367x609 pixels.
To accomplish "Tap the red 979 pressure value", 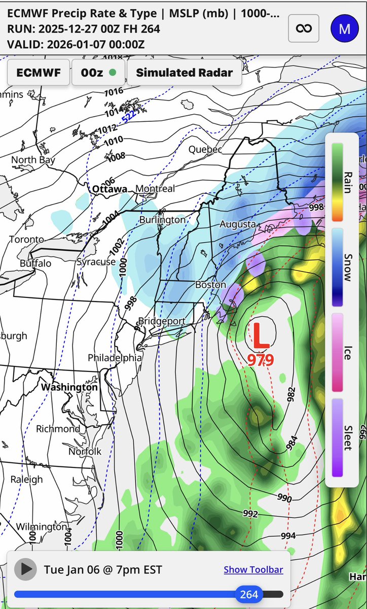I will [x=261, y=360].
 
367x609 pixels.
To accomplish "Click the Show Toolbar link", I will [x=253, y=569].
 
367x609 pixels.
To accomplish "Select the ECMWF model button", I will [x=38, y=73].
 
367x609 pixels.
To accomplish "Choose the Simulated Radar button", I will [x=184, y=73].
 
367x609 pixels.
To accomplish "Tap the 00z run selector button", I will [x=98, y=73].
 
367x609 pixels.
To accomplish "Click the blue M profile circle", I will [x=344, y=28].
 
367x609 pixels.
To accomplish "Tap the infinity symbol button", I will [x=304, y=28].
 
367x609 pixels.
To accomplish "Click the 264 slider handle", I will [x=249, y=594].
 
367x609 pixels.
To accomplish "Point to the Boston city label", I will [x=210, y=285].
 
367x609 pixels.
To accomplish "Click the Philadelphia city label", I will [x=115, y=358].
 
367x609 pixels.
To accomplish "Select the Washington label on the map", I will [x=69, y=387].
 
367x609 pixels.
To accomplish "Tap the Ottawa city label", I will [x=109, y=189].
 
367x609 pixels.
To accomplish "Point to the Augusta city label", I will [x=237, y=224].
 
